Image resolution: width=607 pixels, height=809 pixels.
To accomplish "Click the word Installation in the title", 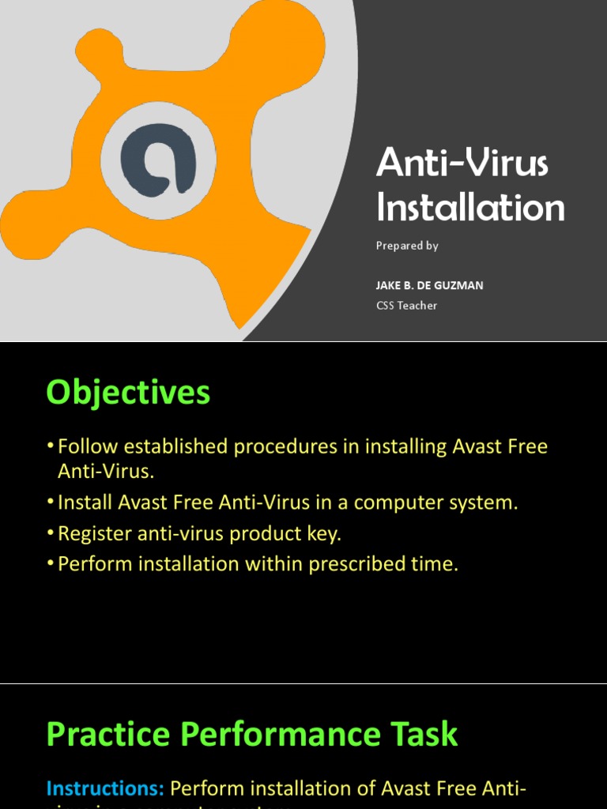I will (470, 207).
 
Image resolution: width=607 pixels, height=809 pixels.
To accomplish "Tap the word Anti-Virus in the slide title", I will (462, 163).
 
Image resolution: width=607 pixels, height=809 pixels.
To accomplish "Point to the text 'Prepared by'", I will (407, 246).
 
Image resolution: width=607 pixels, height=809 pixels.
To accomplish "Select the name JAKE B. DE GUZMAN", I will (429, 285).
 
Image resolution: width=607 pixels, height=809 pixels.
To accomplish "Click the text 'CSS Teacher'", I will (406, 305).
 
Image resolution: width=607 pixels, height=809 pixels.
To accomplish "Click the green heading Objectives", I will (128, 392).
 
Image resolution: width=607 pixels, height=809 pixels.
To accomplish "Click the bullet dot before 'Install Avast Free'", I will (51, 502).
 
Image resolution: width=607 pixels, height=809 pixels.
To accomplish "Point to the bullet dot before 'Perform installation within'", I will (51, 564).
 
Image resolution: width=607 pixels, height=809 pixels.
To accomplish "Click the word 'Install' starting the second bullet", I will (85, 502).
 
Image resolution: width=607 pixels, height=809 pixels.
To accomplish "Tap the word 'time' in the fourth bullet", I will (436, 564).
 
